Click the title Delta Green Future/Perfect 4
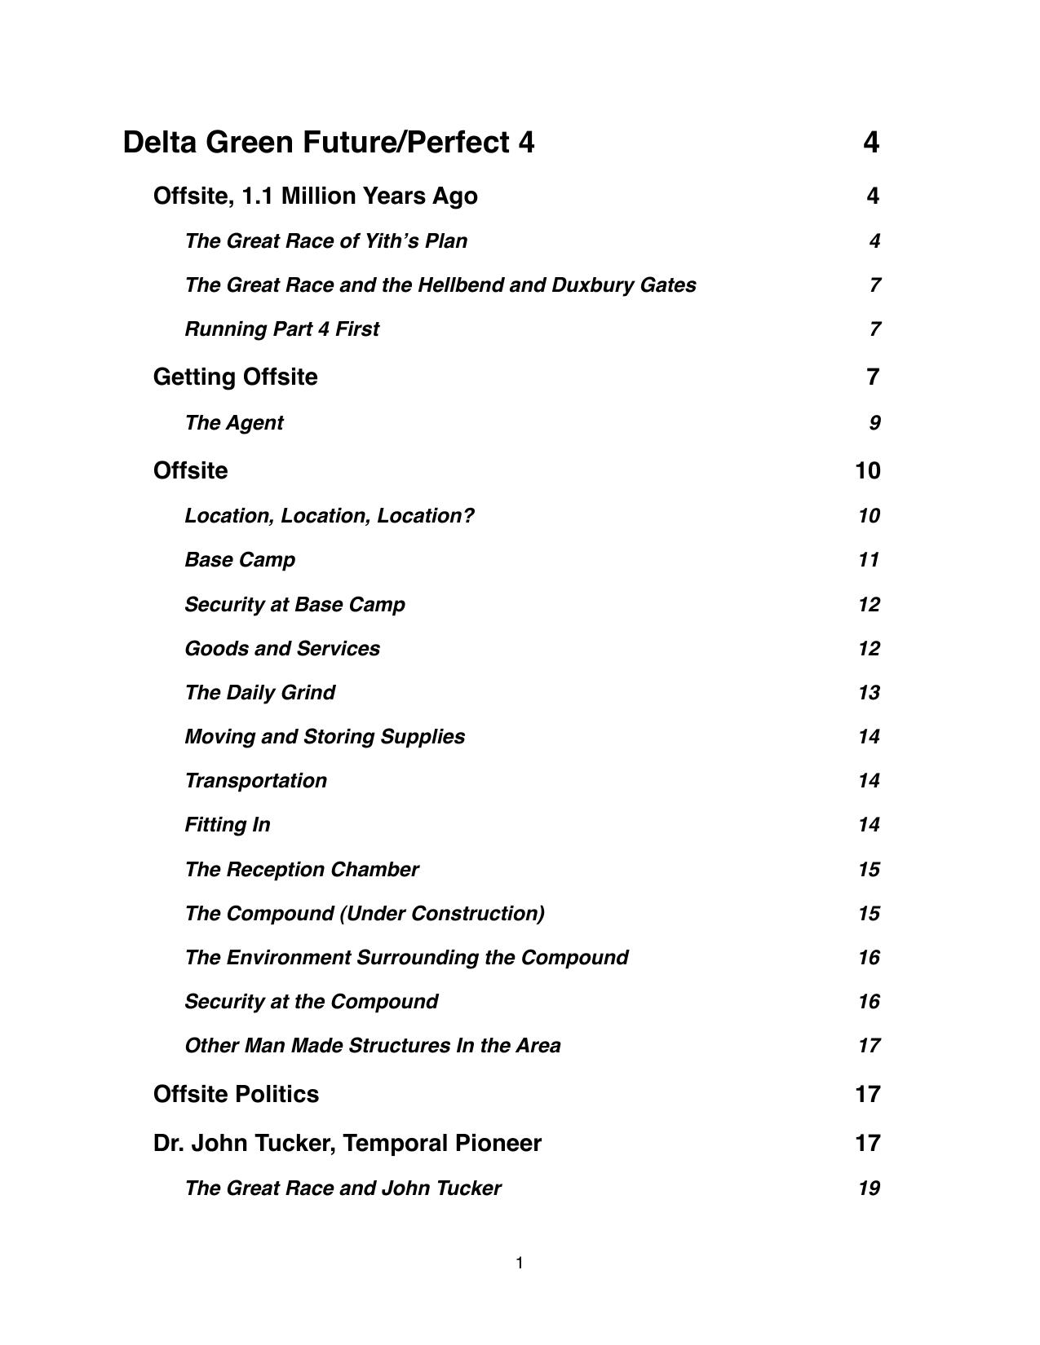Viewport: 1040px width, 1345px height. point(329,143)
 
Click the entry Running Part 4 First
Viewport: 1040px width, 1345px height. point(281,329)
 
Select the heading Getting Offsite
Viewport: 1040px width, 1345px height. point(235,377)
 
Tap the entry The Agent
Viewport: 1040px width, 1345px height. point(233,423)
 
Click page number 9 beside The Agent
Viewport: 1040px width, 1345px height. point(874,423)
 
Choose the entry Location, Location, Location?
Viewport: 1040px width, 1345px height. point(329,516)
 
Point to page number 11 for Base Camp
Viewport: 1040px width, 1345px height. point(868,560)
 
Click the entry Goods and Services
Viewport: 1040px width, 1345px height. point(281,649)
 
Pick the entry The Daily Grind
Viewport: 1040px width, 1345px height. point(259,693)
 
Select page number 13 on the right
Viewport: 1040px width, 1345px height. point(868,693)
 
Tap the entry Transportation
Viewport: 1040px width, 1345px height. point(255,781)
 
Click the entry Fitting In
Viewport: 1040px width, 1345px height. point(227,825)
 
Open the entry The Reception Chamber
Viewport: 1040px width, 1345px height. point(301,870)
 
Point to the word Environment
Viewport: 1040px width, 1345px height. point(288,958)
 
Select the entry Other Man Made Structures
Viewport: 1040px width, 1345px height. point(372,1046)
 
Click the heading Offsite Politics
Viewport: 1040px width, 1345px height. point(236,1094)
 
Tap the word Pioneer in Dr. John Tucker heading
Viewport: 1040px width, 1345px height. point(498,1143)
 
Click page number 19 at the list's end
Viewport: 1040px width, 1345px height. point(868,1188)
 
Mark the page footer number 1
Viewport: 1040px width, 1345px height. point(520,1263)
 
